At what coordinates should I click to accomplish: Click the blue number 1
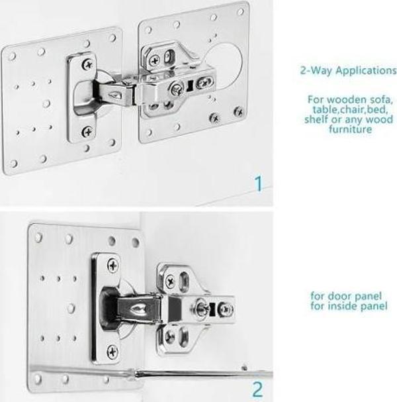259,183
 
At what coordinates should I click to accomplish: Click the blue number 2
257,389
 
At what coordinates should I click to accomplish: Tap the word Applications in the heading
366,70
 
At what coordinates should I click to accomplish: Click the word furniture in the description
350,129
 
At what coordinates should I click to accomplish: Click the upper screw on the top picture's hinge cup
87,64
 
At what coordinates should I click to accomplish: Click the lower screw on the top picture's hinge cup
87,132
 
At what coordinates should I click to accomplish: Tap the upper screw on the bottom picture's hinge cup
113,266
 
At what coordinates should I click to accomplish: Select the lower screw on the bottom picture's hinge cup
112,352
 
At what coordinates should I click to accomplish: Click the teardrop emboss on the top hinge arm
114,95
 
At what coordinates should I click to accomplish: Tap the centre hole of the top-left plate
46,103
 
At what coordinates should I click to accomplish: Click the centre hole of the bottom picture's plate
71,308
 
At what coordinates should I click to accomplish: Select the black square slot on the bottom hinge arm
212,309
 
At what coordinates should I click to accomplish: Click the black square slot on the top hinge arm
190,86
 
